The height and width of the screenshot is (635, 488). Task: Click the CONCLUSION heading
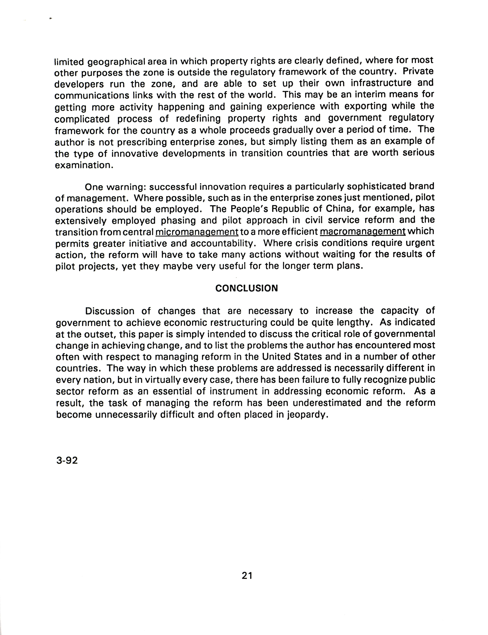(x=246, y=288)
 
